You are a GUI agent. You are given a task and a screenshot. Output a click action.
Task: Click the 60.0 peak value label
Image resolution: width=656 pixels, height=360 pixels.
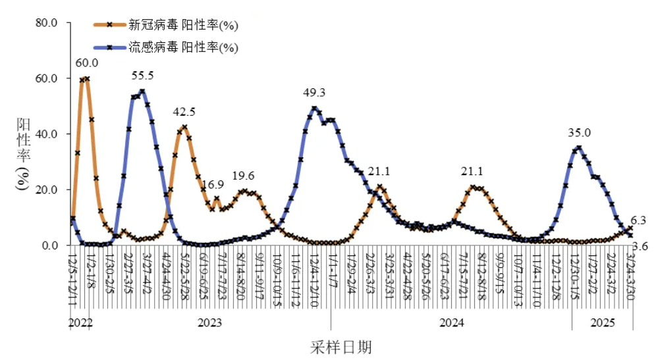coord(87,63)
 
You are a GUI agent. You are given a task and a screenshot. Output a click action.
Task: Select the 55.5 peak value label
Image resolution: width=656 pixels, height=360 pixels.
coord(143,76)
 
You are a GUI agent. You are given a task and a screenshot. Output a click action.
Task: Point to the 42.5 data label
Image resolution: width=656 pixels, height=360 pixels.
coord(184,112)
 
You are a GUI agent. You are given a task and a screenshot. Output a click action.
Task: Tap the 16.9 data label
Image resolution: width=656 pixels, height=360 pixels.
coord(212,184)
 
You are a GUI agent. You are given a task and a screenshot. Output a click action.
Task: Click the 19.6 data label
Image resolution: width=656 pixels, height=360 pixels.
coord(244,176)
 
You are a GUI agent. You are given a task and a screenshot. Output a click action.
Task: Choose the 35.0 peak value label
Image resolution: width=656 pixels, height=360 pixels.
coord(580,133)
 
